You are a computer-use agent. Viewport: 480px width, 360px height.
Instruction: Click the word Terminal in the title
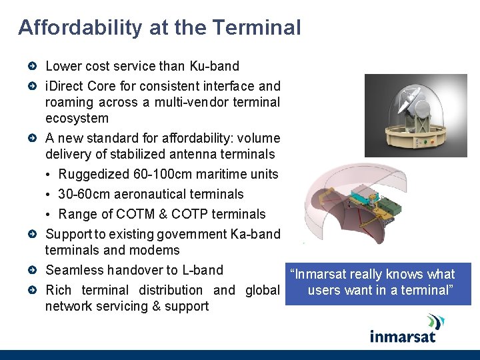click(257, 28)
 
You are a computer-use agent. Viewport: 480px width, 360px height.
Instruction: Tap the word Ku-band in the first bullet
click(214, 66)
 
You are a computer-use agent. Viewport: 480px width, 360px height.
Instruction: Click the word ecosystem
click(77, 118)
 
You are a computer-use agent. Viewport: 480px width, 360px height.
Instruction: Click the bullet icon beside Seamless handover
click(33, 271)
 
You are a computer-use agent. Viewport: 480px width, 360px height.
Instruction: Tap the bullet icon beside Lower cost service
click(33, 67)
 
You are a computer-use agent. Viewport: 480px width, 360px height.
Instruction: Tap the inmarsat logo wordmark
click(403, 335)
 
